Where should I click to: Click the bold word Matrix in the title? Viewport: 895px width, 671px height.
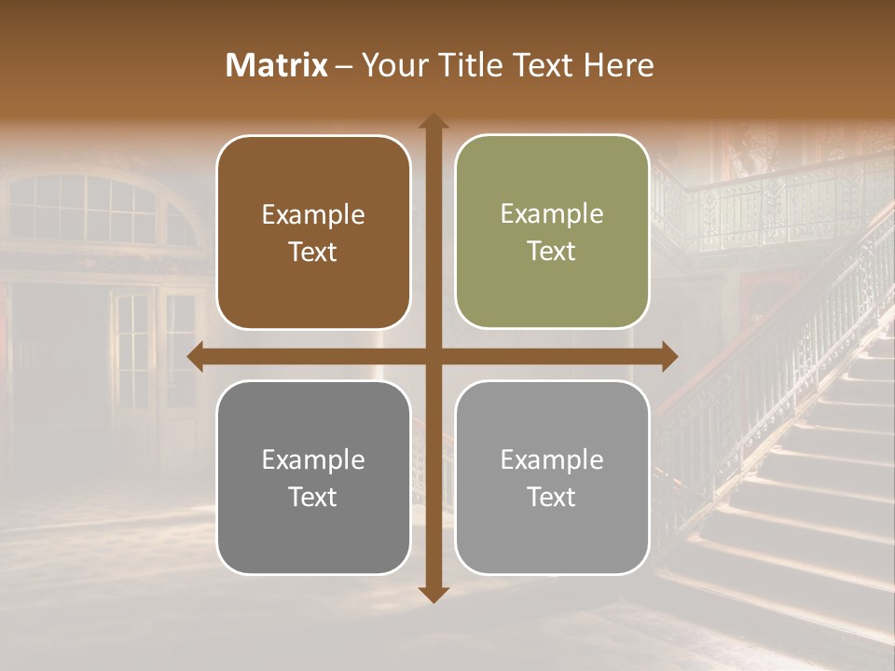pyautogui.click(x=276, y=65)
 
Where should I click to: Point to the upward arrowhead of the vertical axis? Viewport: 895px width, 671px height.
pyautogui.click(x=434, y=121)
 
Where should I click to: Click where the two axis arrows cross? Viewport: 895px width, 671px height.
pyautogui.click(x=434, y=356)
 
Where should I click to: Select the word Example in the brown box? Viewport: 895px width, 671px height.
pyautogui.click(x=313, y=214)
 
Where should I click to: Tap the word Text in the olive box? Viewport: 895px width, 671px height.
pyautogui.click(x=552, y=252)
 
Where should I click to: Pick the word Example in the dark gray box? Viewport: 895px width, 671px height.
pyautogui.click(x=313, y=459)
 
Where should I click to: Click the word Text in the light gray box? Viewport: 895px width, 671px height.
pyautogui.click(x=552, y=497)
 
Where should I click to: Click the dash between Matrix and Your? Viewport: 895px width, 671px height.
pyautogui.click(x=344, y=66)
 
